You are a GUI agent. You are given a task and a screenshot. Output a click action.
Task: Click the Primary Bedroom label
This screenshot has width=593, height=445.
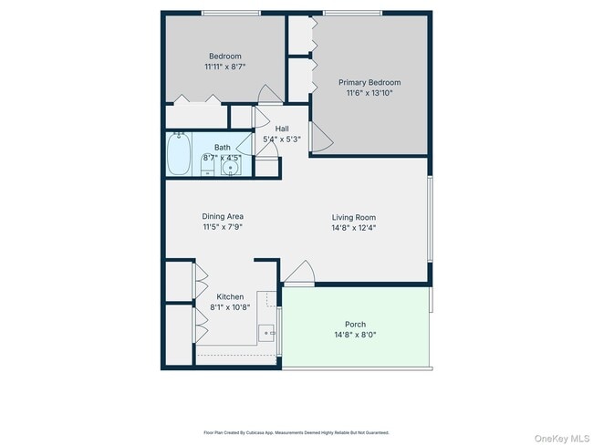(369, 82)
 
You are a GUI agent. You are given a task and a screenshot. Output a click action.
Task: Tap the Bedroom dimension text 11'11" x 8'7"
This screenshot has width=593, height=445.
(224, 67)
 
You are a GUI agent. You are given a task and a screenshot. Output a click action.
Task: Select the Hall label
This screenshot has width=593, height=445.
(282, 129)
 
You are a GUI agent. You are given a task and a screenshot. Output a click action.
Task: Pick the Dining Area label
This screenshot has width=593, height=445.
(223, 216)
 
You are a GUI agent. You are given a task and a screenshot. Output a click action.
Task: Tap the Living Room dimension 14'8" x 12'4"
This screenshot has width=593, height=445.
(354, 228)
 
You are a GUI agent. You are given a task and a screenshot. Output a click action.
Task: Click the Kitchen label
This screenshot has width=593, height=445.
(229, 297)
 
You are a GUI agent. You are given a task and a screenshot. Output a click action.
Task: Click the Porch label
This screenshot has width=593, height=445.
(355, 325)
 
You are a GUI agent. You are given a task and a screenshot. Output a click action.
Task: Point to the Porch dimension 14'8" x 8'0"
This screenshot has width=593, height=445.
(355, 336)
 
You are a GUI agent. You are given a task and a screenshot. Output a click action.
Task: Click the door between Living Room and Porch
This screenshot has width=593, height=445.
(299, 272)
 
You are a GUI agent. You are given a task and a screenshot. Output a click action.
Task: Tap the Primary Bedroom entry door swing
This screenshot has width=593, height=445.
(321, 136)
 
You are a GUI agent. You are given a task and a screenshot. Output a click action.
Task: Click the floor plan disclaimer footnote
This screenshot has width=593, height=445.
(296, 432)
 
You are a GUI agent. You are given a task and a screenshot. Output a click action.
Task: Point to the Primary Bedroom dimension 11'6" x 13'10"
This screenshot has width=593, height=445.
(369, 93)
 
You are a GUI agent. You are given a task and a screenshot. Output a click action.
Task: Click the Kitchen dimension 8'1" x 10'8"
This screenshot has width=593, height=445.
(229, 308)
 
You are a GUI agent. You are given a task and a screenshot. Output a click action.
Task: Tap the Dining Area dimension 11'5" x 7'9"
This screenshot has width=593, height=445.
(223, 228)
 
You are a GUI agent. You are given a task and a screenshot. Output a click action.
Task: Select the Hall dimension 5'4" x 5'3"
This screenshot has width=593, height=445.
(282, 140)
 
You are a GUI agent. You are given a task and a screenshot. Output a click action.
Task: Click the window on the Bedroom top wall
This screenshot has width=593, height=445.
(230, 13)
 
